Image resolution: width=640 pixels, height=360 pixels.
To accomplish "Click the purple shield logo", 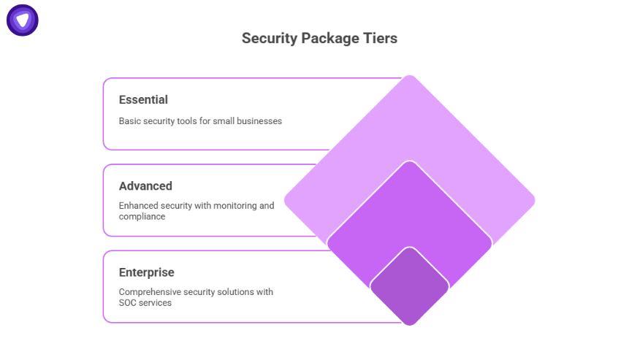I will click(x=23, y=20).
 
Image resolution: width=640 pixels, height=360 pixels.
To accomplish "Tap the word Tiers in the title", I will click(x=379, y=38).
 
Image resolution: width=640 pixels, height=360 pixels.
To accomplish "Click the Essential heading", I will click(x=143, y=100).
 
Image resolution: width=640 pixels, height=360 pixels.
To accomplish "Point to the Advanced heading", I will click(x=145, y=186).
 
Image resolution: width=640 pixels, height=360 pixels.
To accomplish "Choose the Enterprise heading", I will click(x=146, y=272).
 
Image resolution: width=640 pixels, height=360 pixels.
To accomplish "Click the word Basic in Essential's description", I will click(x=130, y=121).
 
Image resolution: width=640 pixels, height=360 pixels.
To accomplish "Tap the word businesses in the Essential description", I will click(x=257, y=121).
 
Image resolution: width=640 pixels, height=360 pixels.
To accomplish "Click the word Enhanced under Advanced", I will click(x=139, y=206).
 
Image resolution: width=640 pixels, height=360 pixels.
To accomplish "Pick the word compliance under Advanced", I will click(x=142, y=217).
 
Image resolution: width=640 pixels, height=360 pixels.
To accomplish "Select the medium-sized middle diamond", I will click(x=409, y=212).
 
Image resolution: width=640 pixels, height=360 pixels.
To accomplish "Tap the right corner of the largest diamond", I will click(x=531, y=200).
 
